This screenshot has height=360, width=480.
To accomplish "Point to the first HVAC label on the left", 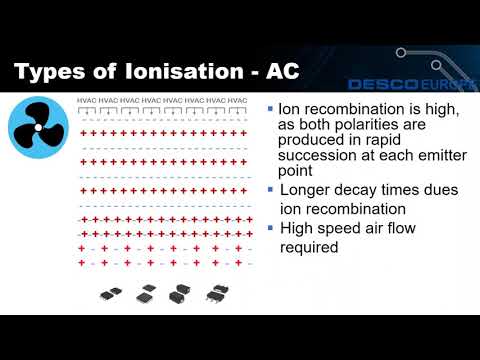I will point(88,100).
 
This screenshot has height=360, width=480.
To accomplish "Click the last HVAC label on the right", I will point(237,100).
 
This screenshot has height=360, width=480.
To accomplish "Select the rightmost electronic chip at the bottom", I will point(214,293).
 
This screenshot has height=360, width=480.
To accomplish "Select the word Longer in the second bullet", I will point(307,189).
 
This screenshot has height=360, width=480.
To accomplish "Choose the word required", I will point(312,247).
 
